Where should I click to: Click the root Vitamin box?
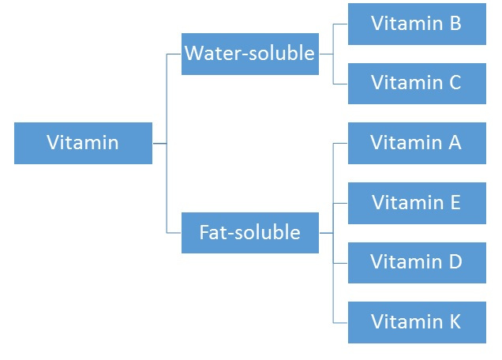[83, 143]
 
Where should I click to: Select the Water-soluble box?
[250, 54]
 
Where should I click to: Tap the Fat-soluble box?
[250, 233]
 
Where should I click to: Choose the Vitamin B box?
[417, 24]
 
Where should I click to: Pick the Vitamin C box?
[417, 83]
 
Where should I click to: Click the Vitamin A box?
[417, 143]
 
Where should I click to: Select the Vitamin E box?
[417, 203]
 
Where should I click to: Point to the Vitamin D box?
[417, 262]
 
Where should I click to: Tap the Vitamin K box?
[417, 322]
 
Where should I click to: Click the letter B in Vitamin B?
[455, 24]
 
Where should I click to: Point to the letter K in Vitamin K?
[455, 322]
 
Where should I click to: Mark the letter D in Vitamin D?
[455, 262]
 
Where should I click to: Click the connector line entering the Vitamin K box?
[341, 322]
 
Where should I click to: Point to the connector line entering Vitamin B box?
[341, 24]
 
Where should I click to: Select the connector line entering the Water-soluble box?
[174, 54]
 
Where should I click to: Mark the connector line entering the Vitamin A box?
[341, 143]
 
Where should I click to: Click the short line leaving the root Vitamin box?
[159, 143]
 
